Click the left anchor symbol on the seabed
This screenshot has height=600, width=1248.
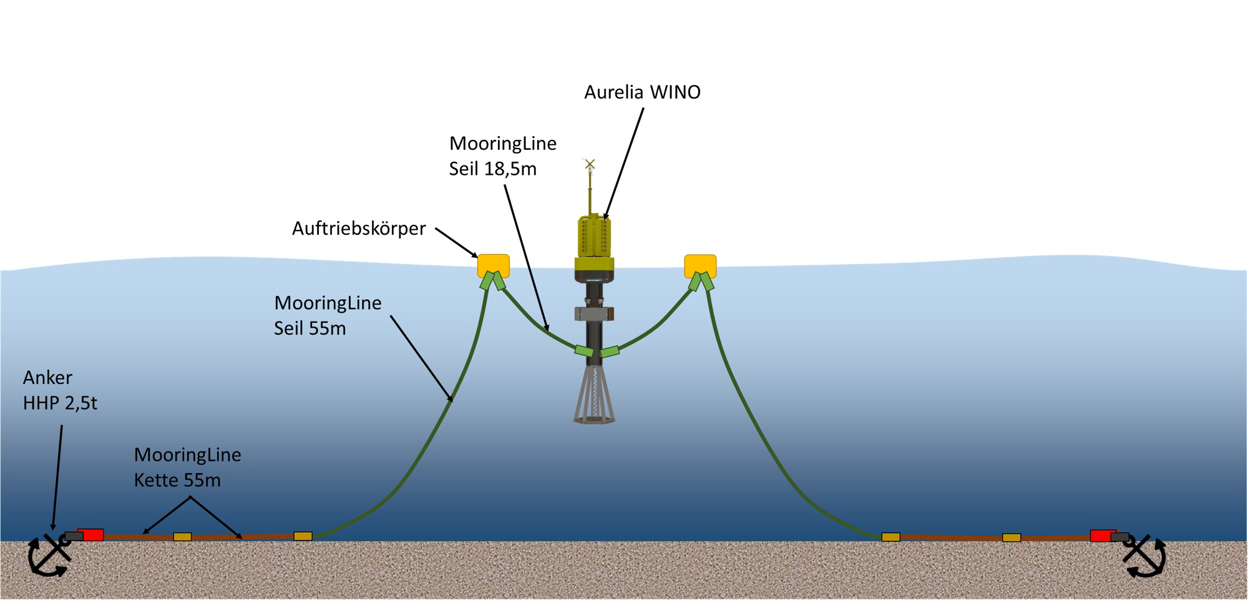pyautogui.click(x=49, y=555)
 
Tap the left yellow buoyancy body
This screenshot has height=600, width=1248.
pyautogui.click(x=494, y=265)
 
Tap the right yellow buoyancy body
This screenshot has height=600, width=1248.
pyautogui.click(x=700, y=265)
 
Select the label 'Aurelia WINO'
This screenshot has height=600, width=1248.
pyautogui.click(x=642, y=92)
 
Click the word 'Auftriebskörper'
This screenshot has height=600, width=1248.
pyautogui.click(x=359, y=229)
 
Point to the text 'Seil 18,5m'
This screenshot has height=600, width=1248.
pyautogui.click(x=493, y=169)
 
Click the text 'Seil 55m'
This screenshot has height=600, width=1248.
pyautogui.click(x=310, y=328)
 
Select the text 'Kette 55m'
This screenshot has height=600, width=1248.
pyautogui.click(x=177, y=480)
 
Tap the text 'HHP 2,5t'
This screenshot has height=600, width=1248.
pyautogui.click(x=61, y=403)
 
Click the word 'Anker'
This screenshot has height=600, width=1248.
pyautogui.click(x=47, y=378)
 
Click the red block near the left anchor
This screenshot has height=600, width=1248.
pyautogui.click(x=91, y=535)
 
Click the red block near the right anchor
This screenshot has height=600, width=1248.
pyautogui.click(x=1102, y=536)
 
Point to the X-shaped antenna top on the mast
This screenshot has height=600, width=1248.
pyautogui.click(x=590, y=164)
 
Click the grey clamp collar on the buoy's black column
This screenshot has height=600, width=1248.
pyautogui.click(x=594, y=314)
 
